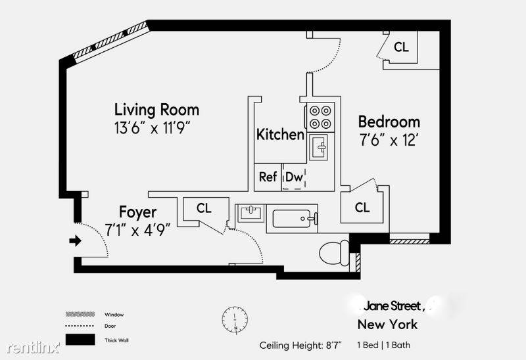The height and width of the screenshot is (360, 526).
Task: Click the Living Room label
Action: click(156, 110)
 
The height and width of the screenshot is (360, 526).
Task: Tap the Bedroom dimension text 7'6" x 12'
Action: click(388, 139)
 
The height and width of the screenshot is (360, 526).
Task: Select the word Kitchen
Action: click(280, 135)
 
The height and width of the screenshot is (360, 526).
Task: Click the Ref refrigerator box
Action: click(268, 177)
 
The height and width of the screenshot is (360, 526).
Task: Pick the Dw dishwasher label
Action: click(294, 177)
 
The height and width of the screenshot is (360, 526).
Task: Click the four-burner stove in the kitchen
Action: click(320, 117)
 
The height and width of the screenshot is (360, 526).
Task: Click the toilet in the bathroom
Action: click(335, 252)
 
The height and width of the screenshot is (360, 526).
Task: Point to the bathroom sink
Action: click(251, 213)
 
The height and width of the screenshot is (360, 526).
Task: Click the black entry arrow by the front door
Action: click(75, 240)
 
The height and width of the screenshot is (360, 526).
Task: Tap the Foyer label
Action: click(138, 212)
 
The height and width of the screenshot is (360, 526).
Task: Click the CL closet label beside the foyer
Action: click(204, 208)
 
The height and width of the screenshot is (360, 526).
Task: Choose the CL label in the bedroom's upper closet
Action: click(401, 47)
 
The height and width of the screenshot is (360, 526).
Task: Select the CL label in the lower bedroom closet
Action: click(362, 208)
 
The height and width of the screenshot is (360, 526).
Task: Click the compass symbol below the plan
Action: click(235, 319)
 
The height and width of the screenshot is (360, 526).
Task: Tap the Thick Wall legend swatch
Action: click(80, 340)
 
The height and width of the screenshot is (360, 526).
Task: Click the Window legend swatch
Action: click(80, 314)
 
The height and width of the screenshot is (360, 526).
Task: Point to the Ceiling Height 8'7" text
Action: click(300, 345)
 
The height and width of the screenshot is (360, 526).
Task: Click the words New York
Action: click(387, 325)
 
